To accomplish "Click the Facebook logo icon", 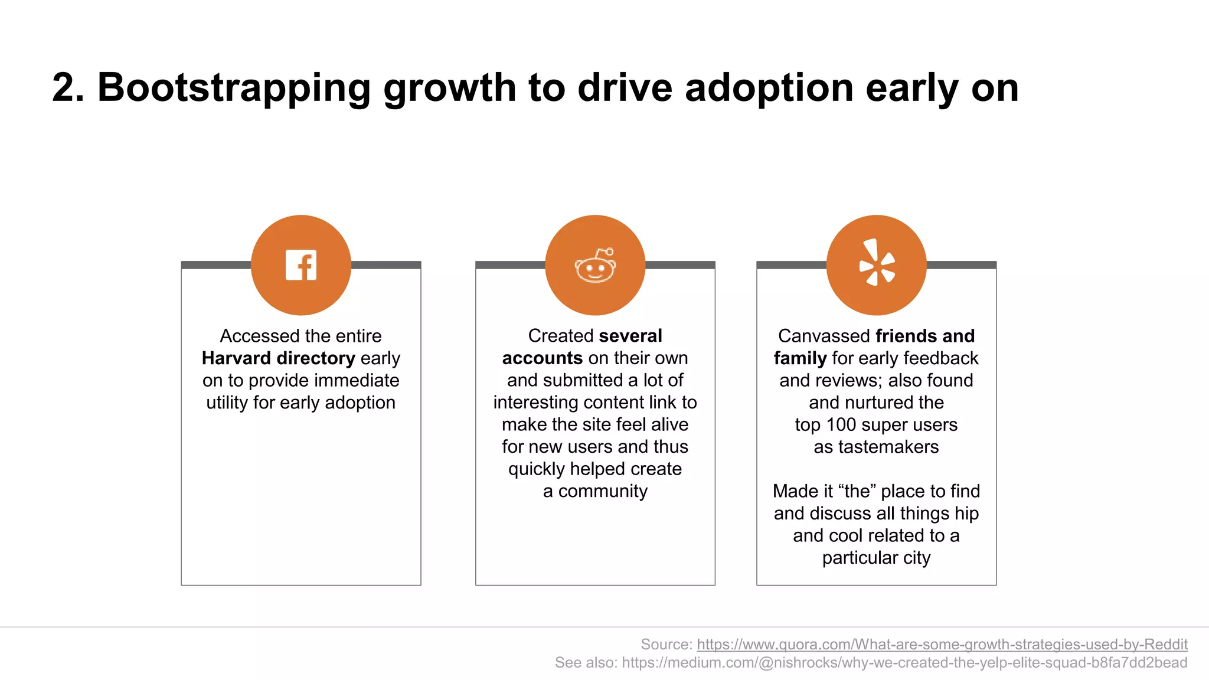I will (x=301, y=265).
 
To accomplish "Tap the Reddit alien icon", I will (x=595, y=267).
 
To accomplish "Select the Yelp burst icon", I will (x=877, y=263).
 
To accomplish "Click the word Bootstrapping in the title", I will (x=234, y=88).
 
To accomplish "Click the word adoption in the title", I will (x=769, y=88).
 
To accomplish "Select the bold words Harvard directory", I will (x=278, y=358).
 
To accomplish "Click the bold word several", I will (x=630, y=336).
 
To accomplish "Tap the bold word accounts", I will (x=542, y=358).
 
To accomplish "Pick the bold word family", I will (x=800, y=358).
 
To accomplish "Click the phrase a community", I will (x=595, y=491).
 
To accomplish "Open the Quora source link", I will (x=942, y=644).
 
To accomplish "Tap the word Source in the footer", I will (x=665, y=644).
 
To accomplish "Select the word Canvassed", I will (x=824, y=336).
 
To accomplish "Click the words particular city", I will (x=876, y=558).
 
